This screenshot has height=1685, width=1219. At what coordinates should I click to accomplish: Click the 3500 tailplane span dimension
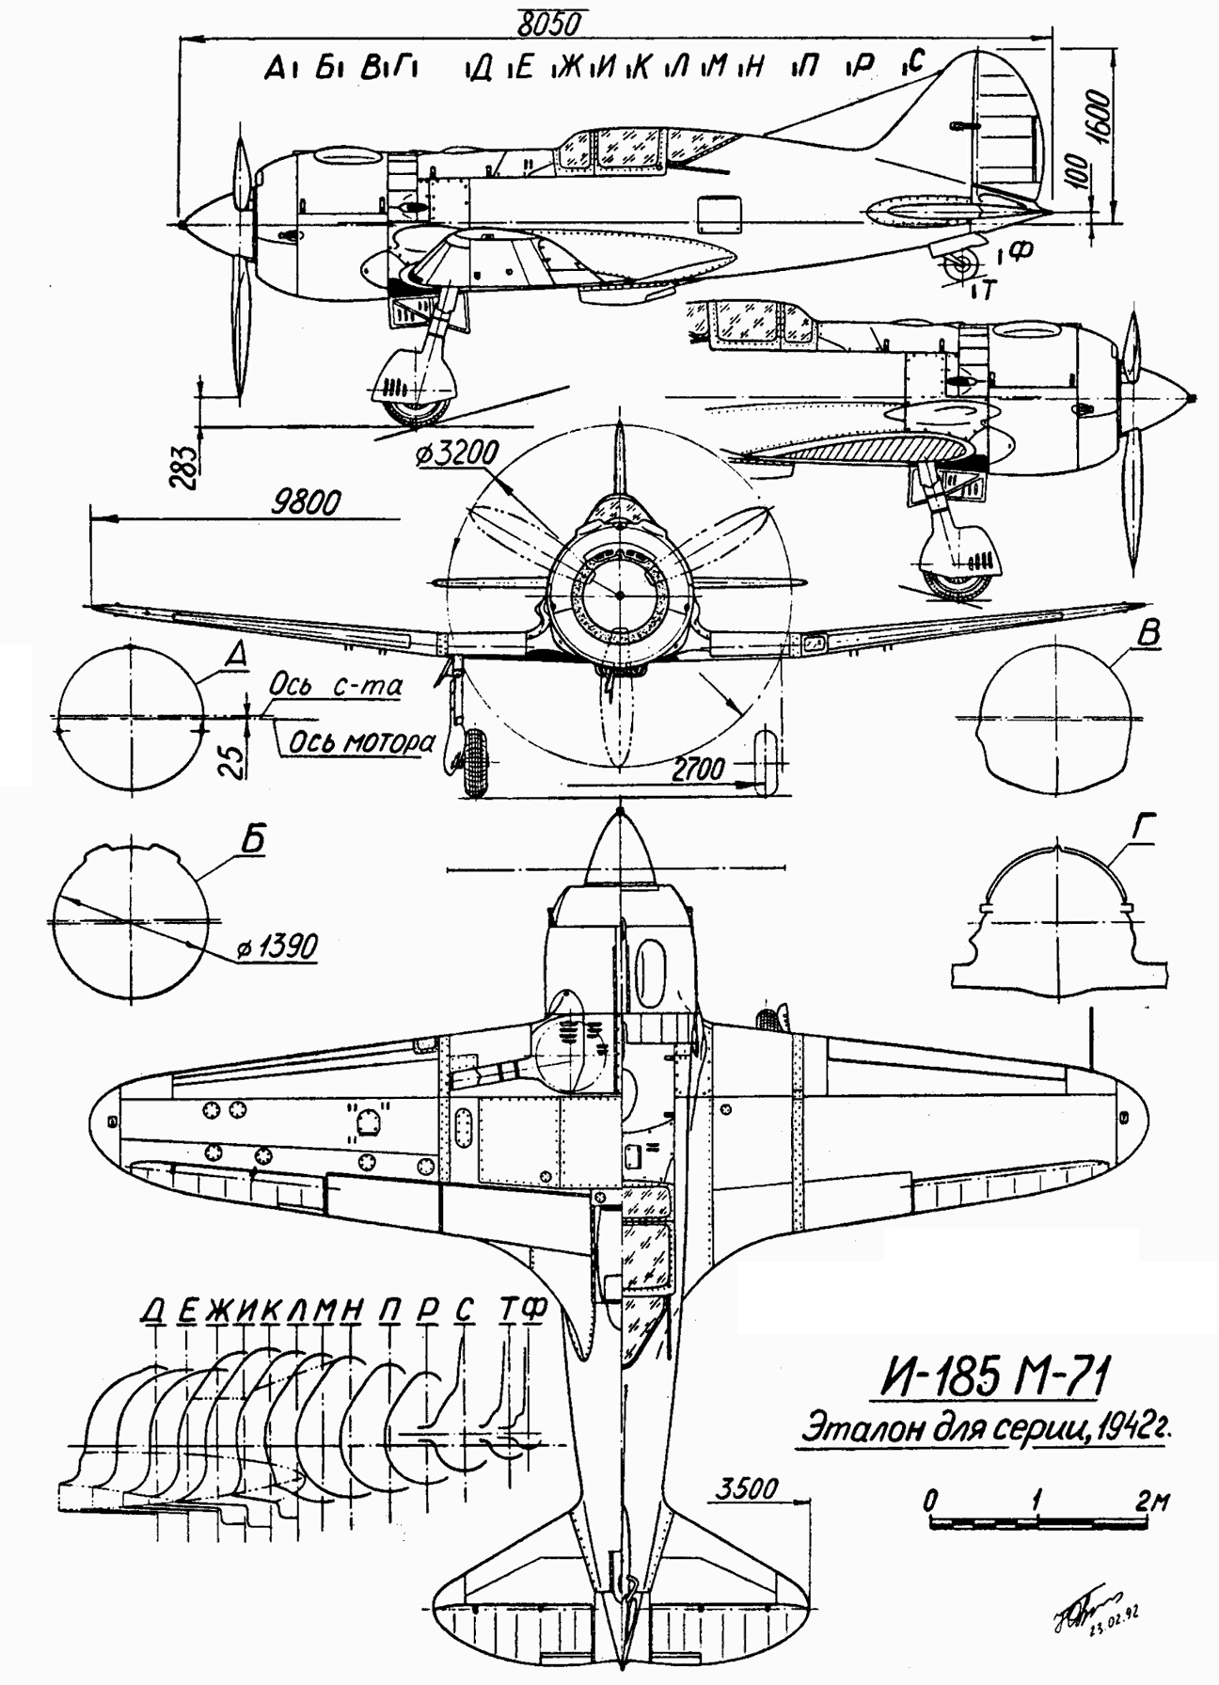click(x=748, y=1489)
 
